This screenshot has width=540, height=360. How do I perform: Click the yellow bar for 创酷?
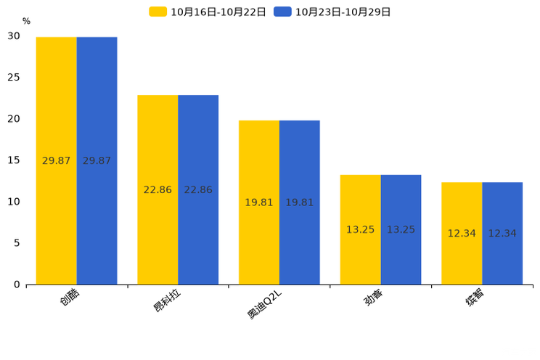point(56,161)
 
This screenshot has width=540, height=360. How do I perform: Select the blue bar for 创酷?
point(97,161)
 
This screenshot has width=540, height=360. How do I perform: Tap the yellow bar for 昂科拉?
point(157,190)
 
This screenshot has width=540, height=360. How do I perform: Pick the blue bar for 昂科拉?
point(198,190)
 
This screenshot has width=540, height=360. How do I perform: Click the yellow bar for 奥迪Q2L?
point(259,202)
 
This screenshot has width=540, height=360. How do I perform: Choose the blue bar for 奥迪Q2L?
point(300,202)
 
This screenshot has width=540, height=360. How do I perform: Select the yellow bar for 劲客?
point(360,230)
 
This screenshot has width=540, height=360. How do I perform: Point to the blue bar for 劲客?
point(401,230)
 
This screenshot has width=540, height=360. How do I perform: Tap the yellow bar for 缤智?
point(462,234)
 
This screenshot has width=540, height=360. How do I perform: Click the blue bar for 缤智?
point(502,234)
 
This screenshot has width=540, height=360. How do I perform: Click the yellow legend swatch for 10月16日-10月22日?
point(157,12)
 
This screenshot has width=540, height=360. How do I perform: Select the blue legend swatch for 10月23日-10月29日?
point(282,12)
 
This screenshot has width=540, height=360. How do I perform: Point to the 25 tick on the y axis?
point(14,77)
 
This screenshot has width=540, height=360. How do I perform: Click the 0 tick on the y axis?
point(17,285)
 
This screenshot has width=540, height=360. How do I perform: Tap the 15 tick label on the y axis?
point(14,160)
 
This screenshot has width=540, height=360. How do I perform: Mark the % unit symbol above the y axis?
point(27,21)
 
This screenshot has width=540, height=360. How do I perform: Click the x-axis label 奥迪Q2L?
point(264,304)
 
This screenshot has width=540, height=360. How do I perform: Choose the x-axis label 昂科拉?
point(167,300)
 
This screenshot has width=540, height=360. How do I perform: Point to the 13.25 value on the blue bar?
point(401,230)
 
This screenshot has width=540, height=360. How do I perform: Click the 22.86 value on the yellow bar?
point(157,190)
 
